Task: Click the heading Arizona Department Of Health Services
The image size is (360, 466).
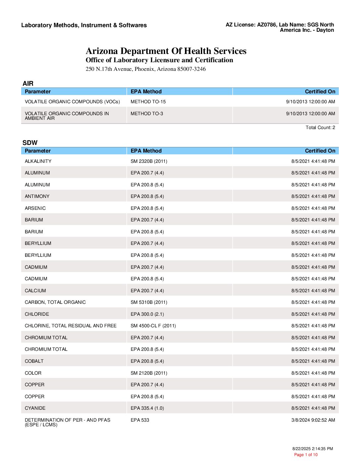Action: coord(166,51)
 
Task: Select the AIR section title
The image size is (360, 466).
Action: coord(28,83)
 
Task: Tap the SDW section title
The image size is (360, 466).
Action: coord(30,143)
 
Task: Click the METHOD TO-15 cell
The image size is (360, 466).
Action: coord(148,102)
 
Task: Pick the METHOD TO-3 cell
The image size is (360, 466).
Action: coord(147,114)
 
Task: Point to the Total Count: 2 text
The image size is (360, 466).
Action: coord(320,127)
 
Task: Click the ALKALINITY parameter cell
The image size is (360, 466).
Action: coord(38,161)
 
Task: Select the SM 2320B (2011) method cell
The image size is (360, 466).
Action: coord(149,161)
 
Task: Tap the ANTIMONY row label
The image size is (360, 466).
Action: coord(37,196)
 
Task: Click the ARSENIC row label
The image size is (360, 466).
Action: coord(35,208)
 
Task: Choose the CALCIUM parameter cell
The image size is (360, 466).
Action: coord(35,291)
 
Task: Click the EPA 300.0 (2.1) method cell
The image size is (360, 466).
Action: coord(147,314)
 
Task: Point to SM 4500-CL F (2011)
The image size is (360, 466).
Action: coord(153,326)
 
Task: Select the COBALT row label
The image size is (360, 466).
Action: coord(34,361)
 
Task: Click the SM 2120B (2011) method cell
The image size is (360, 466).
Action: coord(149,373)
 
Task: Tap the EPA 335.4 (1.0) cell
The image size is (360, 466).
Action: coord(147,408)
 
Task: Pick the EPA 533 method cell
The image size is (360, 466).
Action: coord(140,420)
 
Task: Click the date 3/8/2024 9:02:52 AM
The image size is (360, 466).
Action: coord(313,420)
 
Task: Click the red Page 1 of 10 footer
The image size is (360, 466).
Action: coord(306,455)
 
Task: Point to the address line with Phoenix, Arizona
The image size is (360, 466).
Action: coord(146,69)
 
